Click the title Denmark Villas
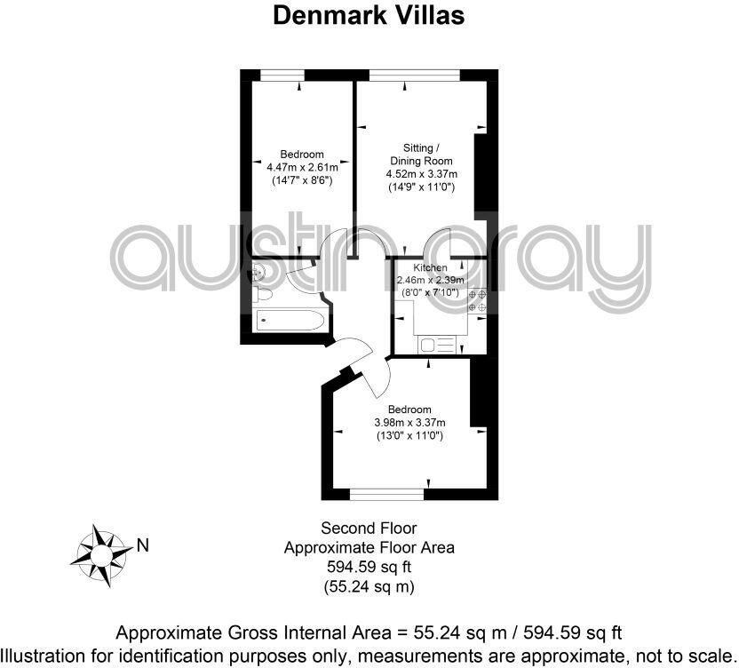click(369, 15)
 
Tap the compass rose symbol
click(100, 555)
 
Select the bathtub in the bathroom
click(282, 322)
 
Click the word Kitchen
click(430, 267)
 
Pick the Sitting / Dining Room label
click(419, 154)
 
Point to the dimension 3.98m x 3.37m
click(409, 422)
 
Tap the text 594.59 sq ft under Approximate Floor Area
click(369, 567)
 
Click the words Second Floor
click(369, 529)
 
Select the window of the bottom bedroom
click(386, 491)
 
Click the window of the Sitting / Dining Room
click(414, 75)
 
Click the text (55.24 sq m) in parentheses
click(369, 586)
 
